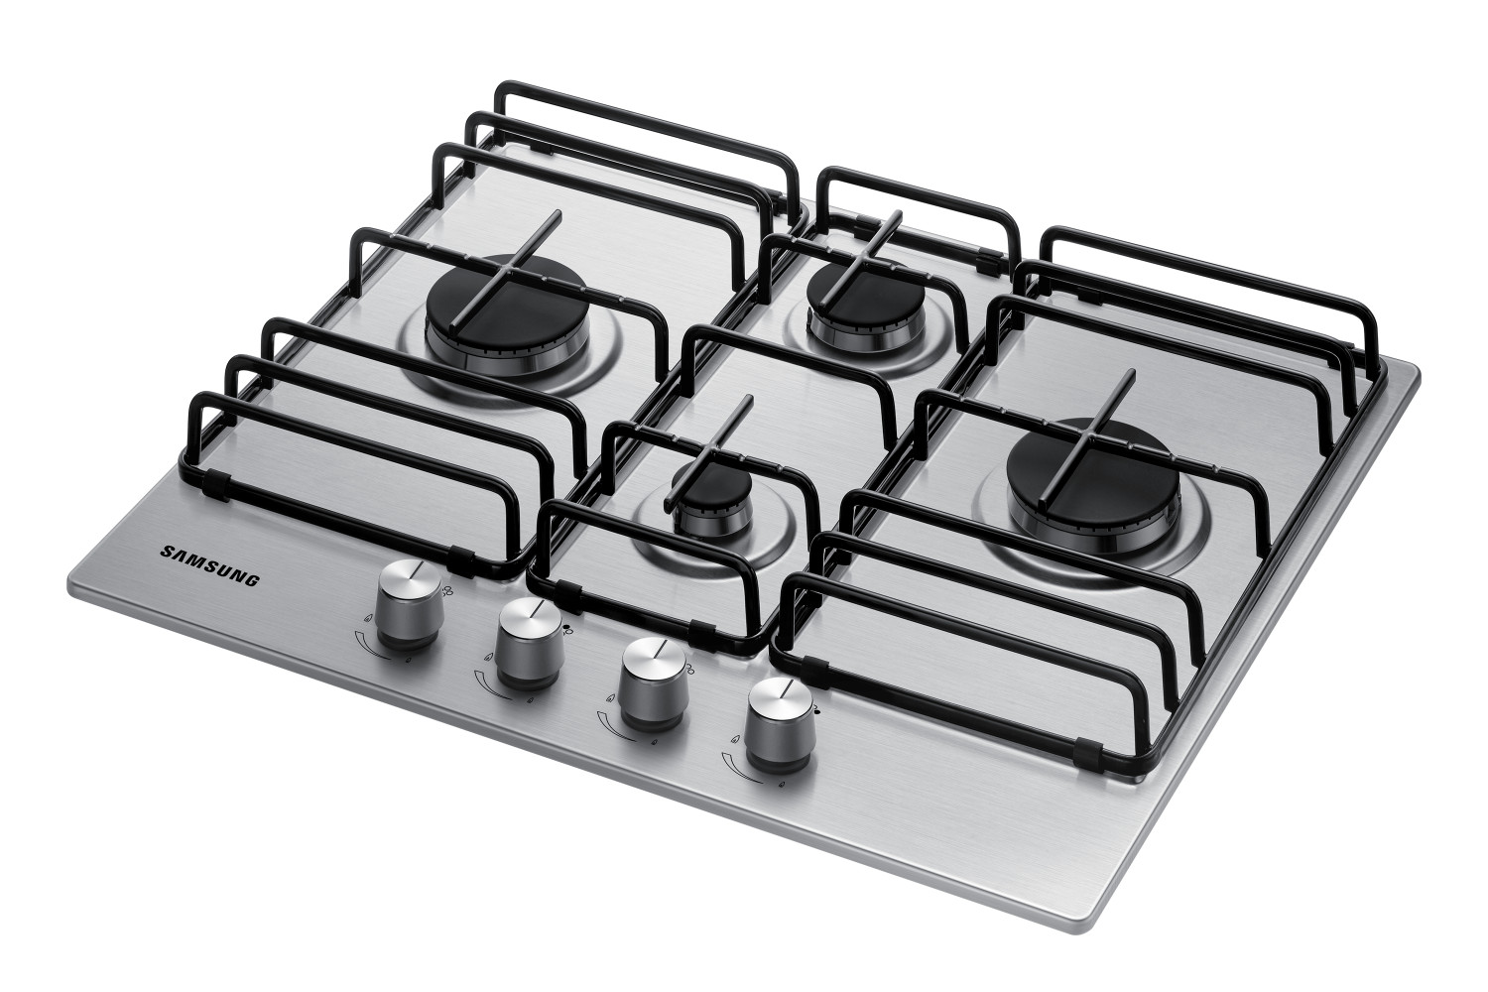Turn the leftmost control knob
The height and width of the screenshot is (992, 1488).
[408, 605]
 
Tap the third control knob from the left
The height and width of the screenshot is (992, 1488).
[653, 683]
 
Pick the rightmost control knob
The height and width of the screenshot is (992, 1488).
[780, 725]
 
